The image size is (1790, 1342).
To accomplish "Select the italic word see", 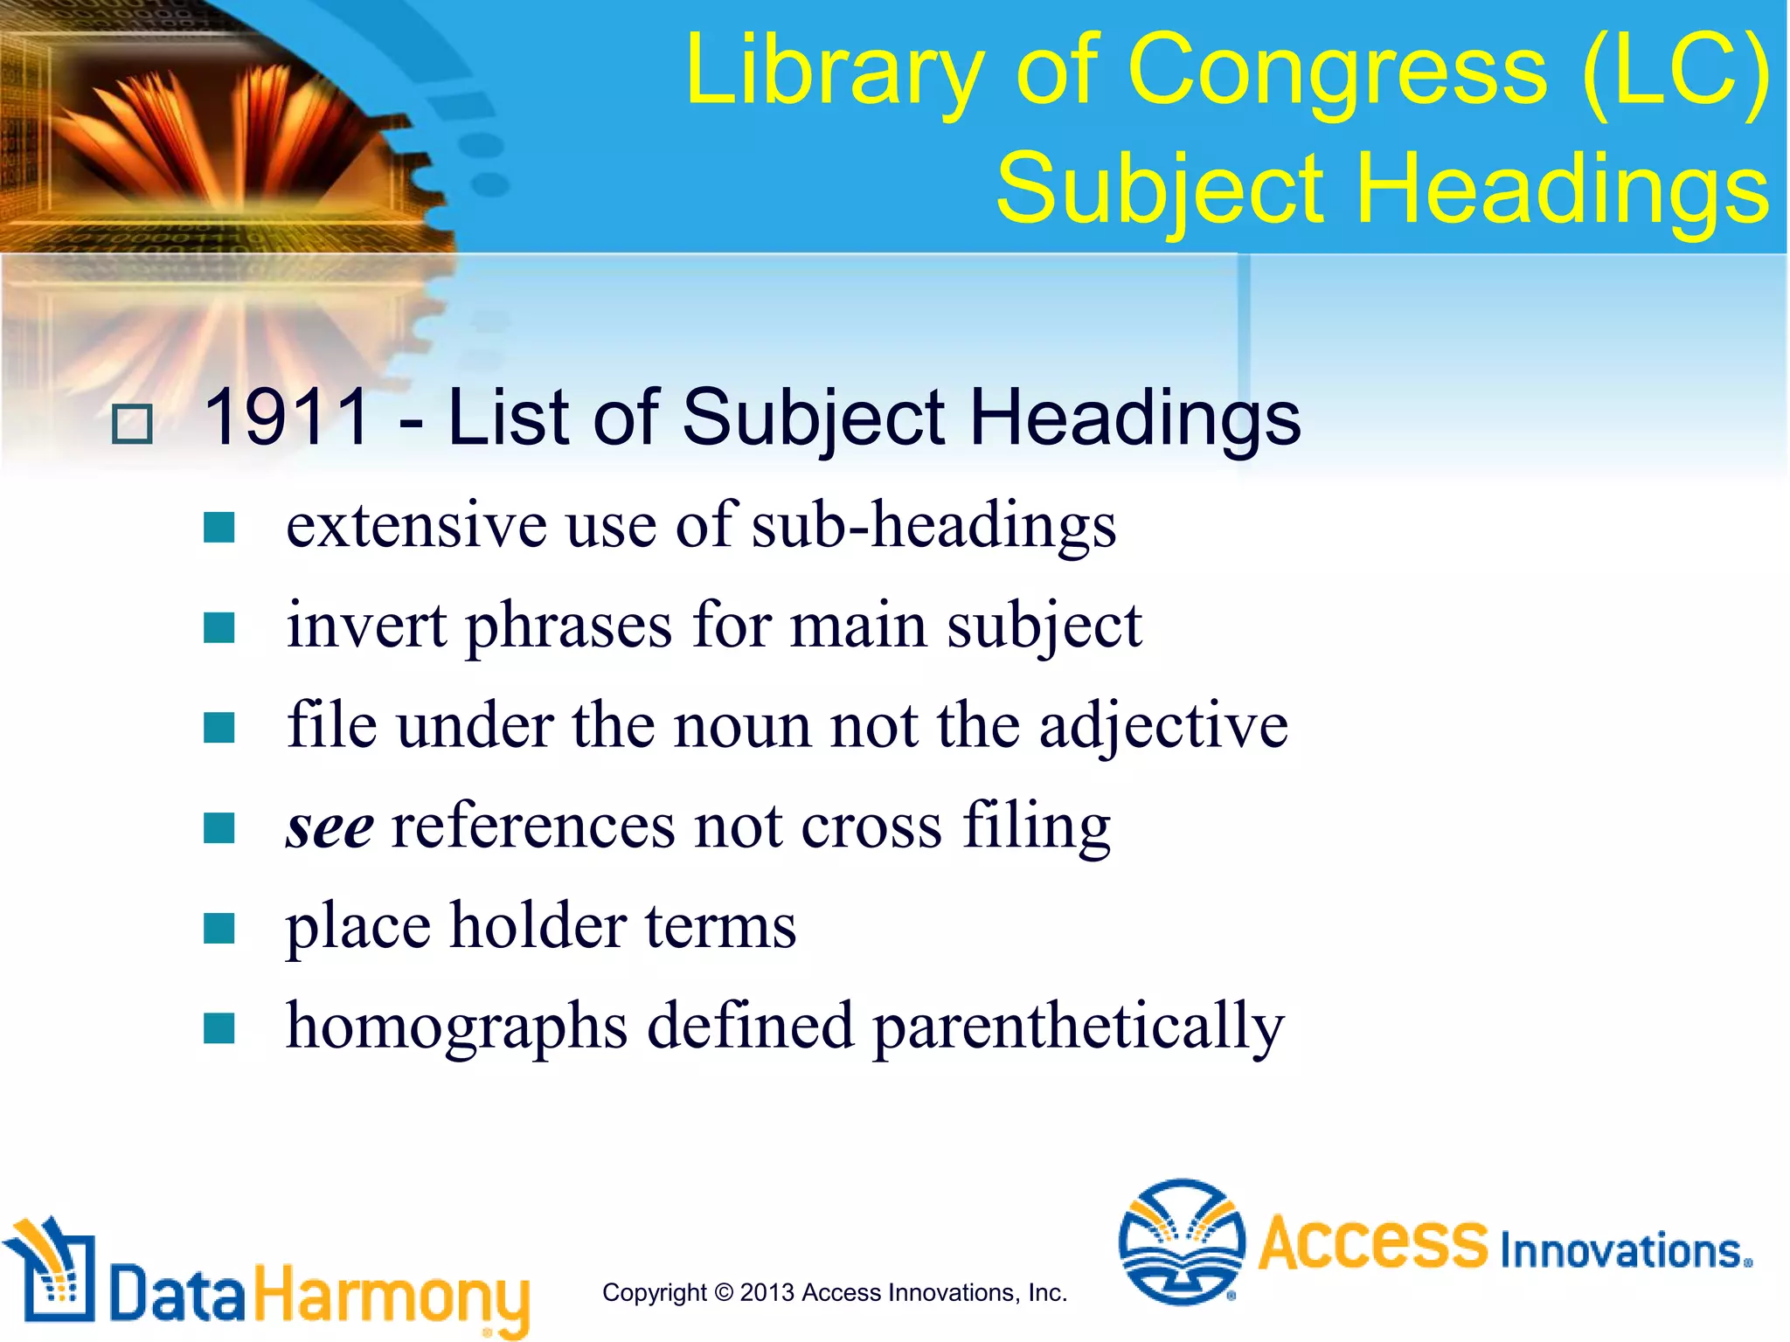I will pyautogui.click(x=330, y=827).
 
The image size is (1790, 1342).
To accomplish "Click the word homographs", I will pyautogui.click(x=457, y=1027).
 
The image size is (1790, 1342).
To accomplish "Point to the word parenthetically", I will pyautogui.click(x=1078, y=1027).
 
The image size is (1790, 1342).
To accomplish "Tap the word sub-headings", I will pyautogui.click(x=933, y=527).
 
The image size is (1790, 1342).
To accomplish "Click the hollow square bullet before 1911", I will pyautogui.click(x=133, y=425).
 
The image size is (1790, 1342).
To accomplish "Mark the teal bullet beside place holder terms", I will pyautogui.click(x=219, y=928).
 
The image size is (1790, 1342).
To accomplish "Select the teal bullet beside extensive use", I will pyautogui.click(x=219, y=528).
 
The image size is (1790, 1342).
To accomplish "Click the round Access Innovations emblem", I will pyautogui.click(x=1182, y=1242).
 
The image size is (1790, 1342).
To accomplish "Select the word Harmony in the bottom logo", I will pyautogui.click(x=392, y=1296).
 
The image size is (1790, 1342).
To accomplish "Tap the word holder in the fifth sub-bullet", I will pyautogui.click(x=538, y=927).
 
